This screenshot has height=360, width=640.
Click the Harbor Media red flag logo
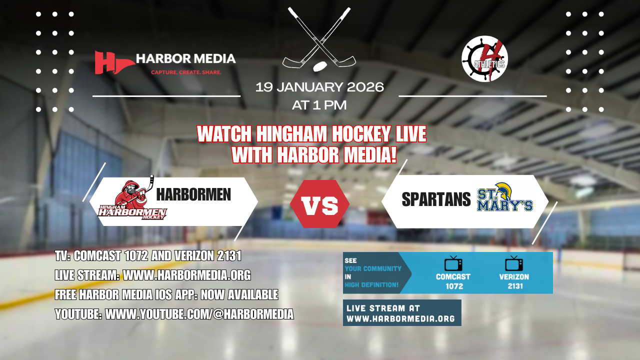[108, 62]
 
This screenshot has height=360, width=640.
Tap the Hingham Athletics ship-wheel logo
[484, 59]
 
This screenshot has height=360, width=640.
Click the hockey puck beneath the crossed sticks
[318, 66]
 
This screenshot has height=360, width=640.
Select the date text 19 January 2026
[319, 87]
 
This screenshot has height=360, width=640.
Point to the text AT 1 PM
[319, 105]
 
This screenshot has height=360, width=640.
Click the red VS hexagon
[319, 204]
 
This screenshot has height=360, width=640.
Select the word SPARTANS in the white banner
[436, 199]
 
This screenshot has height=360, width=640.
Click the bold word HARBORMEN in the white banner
[193, 194]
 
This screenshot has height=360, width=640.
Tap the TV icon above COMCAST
[453, 264]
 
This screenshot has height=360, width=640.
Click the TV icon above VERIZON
[513, 264]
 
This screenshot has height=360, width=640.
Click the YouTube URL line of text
[174, 314]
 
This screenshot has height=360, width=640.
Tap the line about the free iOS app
[166, 295]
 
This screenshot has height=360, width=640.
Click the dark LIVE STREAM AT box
[402, 313]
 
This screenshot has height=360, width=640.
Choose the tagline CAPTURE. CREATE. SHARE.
[186, 72]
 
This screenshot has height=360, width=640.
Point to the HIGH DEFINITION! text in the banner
[371, 285]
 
